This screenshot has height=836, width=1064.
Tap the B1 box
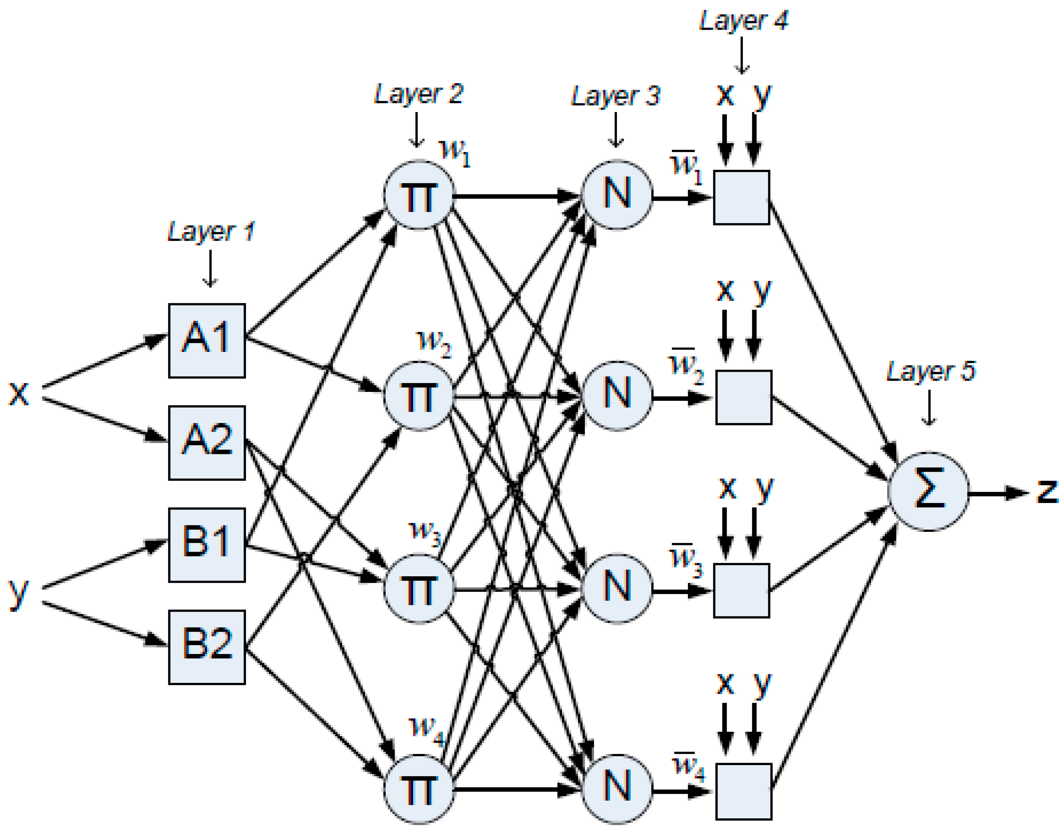(207, 545)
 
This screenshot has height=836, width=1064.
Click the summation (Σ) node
(928, 491)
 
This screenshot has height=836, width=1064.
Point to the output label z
(1046, 490)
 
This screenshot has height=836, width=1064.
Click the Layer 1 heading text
(211, 231)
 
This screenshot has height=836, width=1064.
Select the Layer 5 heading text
(930, 371)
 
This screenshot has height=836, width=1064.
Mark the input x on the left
(19, 393)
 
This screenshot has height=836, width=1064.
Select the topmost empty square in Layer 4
(741, 197)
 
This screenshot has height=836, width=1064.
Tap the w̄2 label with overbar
(685, 365)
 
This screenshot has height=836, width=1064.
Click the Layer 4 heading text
(743, 20)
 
